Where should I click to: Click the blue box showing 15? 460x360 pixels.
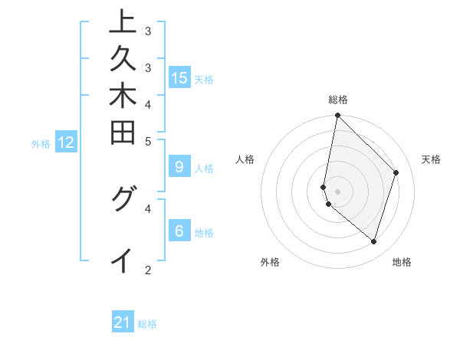tap(179, 77)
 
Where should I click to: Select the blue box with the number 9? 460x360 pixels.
tap(179, 166)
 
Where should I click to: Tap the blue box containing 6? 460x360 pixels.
tap(179, 231)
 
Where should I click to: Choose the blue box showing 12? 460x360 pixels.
tap(66, 142)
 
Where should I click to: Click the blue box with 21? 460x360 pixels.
tap(123, 322)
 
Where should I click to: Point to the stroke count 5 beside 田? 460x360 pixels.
tap(147, 141)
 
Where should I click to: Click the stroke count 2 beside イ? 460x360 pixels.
tap(147, 270)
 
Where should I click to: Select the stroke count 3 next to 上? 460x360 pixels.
tap(147, 31)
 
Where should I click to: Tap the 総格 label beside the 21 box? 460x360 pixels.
tap(147, 324)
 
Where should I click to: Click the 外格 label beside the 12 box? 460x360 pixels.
tap(41, 143)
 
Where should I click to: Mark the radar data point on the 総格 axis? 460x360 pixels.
tap(337, 115)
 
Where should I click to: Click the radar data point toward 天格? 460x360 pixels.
tap(396, 172)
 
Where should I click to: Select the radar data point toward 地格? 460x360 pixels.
tap(374, 241)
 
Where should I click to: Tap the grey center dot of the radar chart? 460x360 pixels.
tap(337, 191)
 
